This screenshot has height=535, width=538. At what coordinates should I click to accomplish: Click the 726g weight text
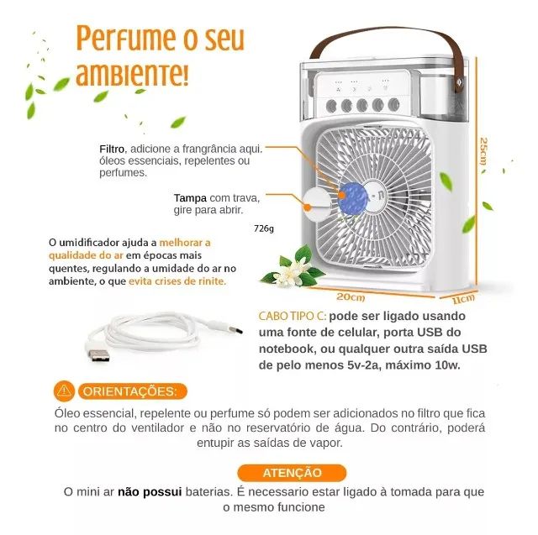point(263,228)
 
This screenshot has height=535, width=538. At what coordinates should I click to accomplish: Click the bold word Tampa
point(191,198)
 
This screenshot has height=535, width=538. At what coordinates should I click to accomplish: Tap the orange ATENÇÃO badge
point(292,472)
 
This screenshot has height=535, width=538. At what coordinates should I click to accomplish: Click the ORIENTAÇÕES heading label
point(129,391)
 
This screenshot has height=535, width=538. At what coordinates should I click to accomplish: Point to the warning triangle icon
point(62,391)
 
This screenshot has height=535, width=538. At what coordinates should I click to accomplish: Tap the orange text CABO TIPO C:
point(292,317)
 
